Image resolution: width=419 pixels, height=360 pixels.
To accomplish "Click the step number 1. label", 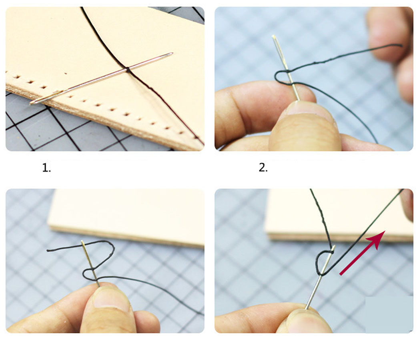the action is coord(46,168).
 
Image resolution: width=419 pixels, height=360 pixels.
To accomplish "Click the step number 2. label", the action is coord(263,168).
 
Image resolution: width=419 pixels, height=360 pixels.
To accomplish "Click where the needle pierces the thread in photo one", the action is coord(128,70).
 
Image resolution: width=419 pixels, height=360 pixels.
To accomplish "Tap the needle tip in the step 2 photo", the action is coord(274,36).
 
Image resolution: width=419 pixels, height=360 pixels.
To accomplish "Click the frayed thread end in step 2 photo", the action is coord(401,46).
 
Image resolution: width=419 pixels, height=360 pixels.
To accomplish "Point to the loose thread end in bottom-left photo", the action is coord(48,250).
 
